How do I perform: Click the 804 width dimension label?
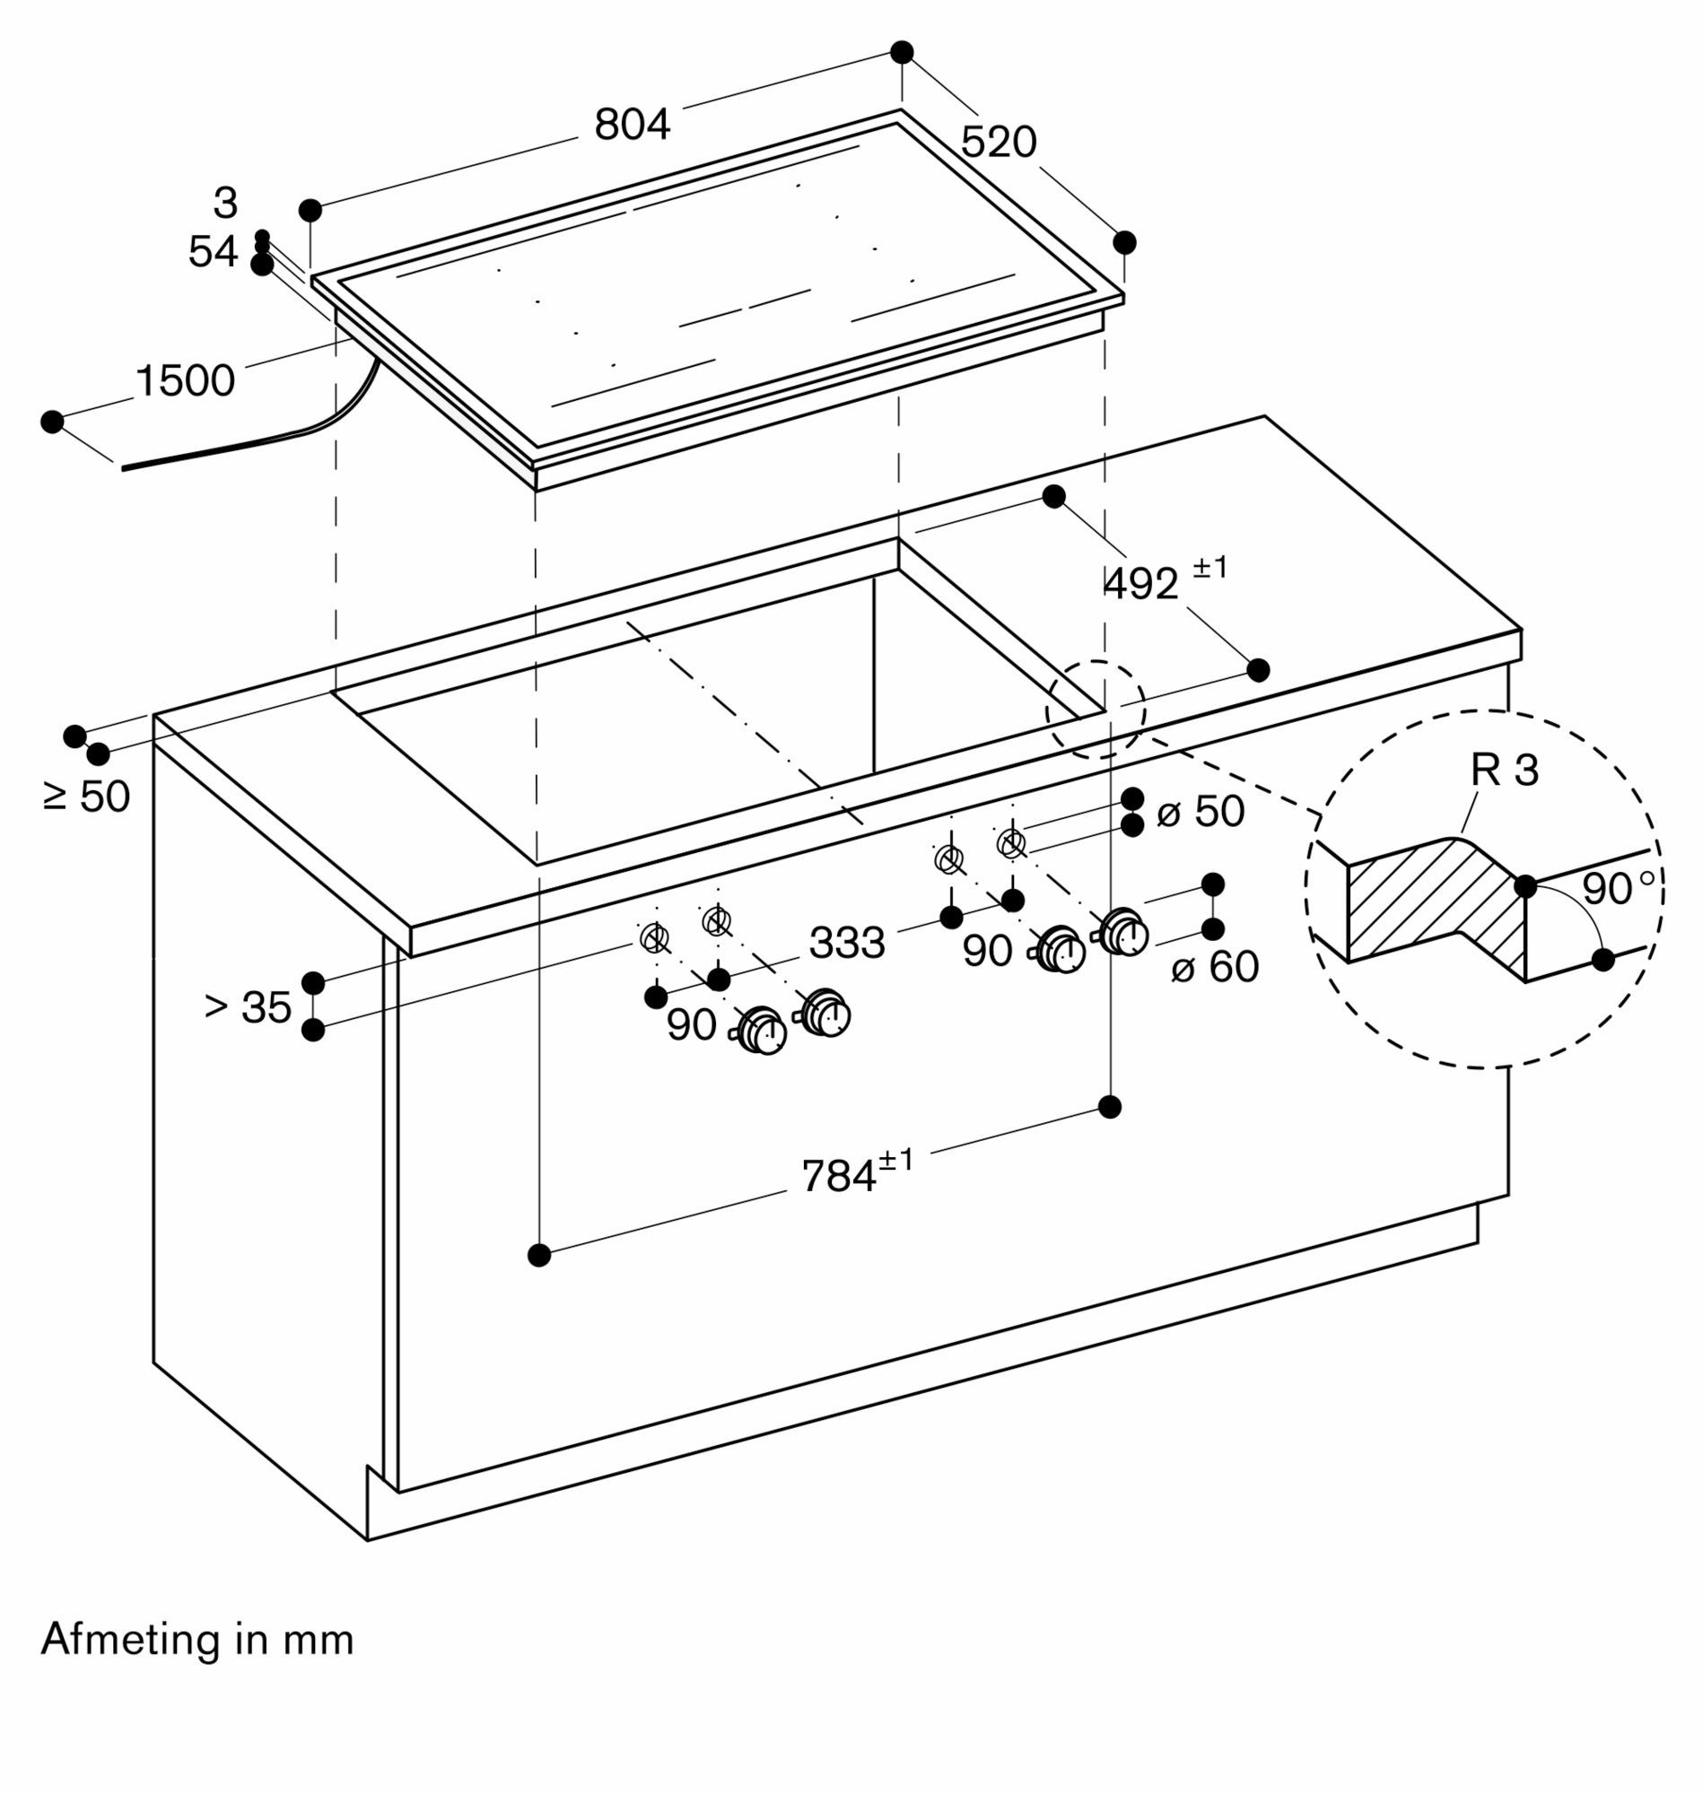coord(632,125)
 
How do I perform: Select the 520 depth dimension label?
coord(998,143)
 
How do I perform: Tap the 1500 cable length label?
coord(185,380)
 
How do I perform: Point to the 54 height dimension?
coord(214,251)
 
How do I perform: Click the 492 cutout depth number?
coord(1140,584)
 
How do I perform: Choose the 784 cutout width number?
coord(839,1177)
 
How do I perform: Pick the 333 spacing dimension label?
coord(847,943)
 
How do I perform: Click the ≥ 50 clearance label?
coord(87,797)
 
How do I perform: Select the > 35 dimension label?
coord(248,1006)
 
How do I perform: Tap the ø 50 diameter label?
coord(1201,811)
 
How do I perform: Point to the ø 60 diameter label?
coord(1215,966)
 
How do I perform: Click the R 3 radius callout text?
coord(1504,771)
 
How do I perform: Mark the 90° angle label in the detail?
coord(1618,889)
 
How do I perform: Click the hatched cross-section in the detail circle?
coord(1435,903)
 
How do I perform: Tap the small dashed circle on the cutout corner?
coord(1096,710)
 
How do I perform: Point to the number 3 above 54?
coord(225,204)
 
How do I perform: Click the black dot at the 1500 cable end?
coord(53,422)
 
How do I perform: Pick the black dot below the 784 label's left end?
coord(539,1255)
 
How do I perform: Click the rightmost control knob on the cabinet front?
coord(1124,933)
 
